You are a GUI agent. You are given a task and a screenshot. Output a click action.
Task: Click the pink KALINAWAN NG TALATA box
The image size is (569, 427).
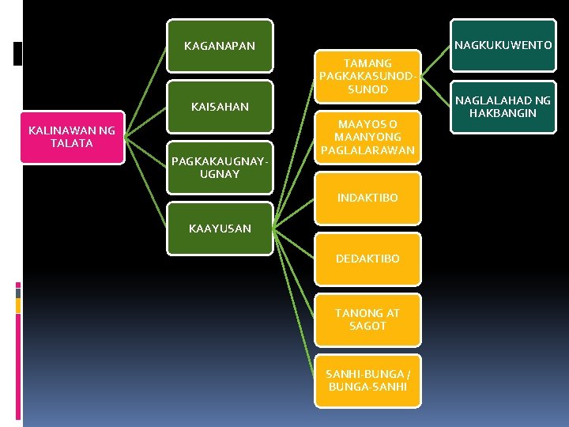pos(72,137)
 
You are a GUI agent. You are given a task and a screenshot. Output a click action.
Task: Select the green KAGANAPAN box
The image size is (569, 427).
pos(220,46)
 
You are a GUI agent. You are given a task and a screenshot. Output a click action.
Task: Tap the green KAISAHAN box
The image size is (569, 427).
pos(220,107)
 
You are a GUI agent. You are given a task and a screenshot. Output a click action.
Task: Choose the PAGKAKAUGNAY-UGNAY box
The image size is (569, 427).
pos(220,167)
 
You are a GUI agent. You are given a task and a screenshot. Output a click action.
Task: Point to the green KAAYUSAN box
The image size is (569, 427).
pos(220,229)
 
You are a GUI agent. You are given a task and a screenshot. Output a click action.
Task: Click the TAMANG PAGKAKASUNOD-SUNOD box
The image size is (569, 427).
pos(367,76)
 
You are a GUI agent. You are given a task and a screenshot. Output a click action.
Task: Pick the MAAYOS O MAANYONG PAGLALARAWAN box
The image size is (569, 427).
pos(367,137)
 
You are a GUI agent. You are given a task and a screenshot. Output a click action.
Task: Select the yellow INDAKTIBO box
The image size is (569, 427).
pos(367,198)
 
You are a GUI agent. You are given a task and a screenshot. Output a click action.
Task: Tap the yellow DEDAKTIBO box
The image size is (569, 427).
pos(367,259)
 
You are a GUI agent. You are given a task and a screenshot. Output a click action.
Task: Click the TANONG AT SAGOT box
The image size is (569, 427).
pos(367,319)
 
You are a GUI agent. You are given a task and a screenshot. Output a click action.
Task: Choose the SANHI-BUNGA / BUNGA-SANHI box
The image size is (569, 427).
pos(367,380)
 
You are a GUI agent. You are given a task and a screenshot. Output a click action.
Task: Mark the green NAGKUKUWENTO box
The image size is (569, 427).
pos(503,46)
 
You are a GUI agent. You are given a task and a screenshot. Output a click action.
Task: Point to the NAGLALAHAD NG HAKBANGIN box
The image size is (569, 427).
pos(503,107)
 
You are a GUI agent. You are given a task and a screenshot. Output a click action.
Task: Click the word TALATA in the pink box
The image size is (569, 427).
pos(72,143)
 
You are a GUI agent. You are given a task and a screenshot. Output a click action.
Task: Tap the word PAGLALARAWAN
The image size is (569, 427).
pos(367,149)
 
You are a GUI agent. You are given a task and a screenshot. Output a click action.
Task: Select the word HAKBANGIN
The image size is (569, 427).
pos(503,113)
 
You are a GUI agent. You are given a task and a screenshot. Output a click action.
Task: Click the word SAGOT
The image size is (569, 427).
pos(367,326)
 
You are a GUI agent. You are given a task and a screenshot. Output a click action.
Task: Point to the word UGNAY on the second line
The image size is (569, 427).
pos(220,173)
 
